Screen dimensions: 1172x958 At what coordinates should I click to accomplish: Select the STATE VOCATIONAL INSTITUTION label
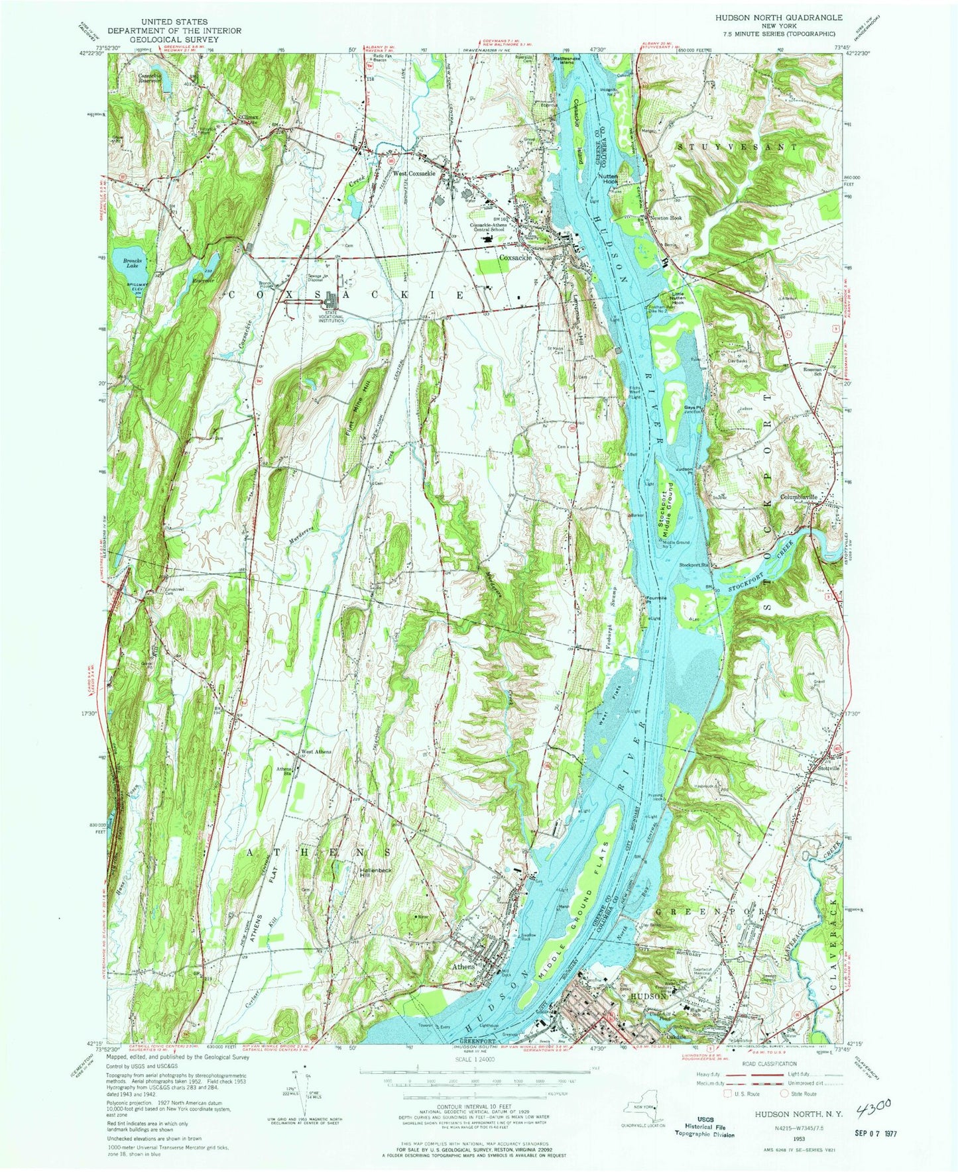tap(330, 316)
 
